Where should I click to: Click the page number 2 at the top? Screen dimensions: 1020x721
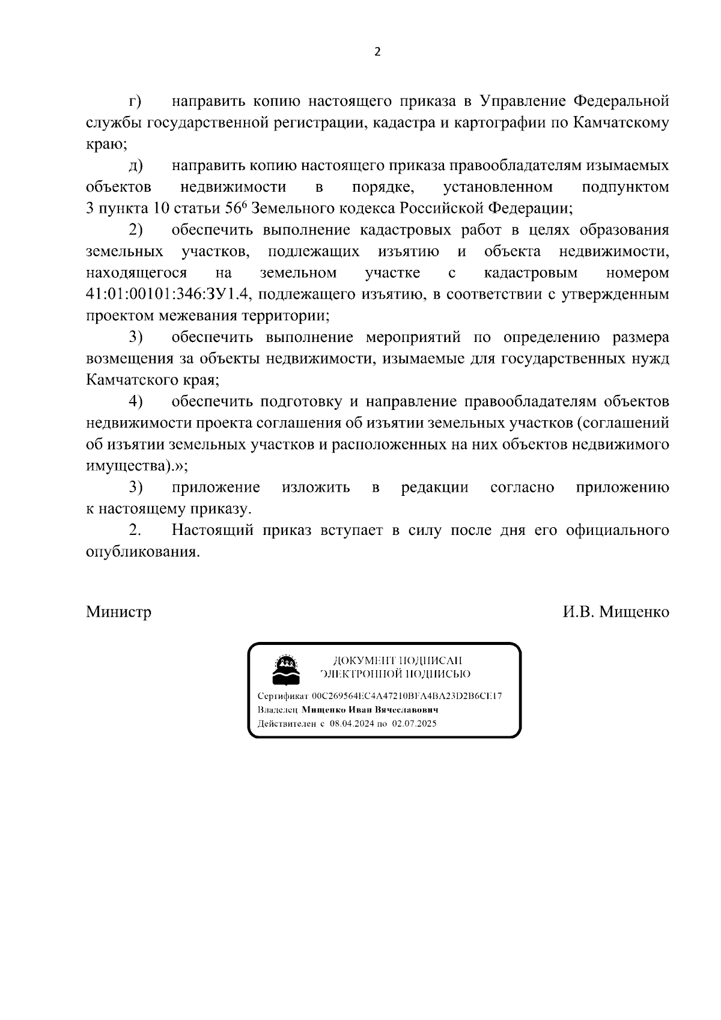click(377, 52)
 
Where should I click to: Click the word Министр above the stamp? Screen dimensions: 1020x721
click(118, 612)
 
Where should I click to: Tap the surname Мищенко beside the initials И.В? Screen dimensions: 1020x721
click(631, 612)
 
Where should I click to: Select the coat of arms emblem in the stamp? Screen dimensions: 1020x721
click(285, 669)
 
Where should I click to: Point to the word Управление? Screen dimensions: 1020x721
click(525, 100)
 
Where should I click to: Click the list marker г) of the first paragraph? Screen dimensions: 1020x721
click(135, 100)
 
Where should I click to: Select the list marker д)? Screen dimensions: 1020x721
click(135, 165)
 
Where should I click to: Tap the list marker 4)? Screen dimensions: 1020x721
click(135, 401)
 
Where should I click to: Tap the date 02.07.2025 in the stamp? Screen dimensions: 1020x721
click(414, 724)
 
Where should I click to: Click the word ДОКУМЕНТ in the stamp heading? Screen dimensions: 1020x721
click(359, 661)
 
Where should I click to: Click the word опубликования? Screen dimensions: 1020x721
click(142, 552)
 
